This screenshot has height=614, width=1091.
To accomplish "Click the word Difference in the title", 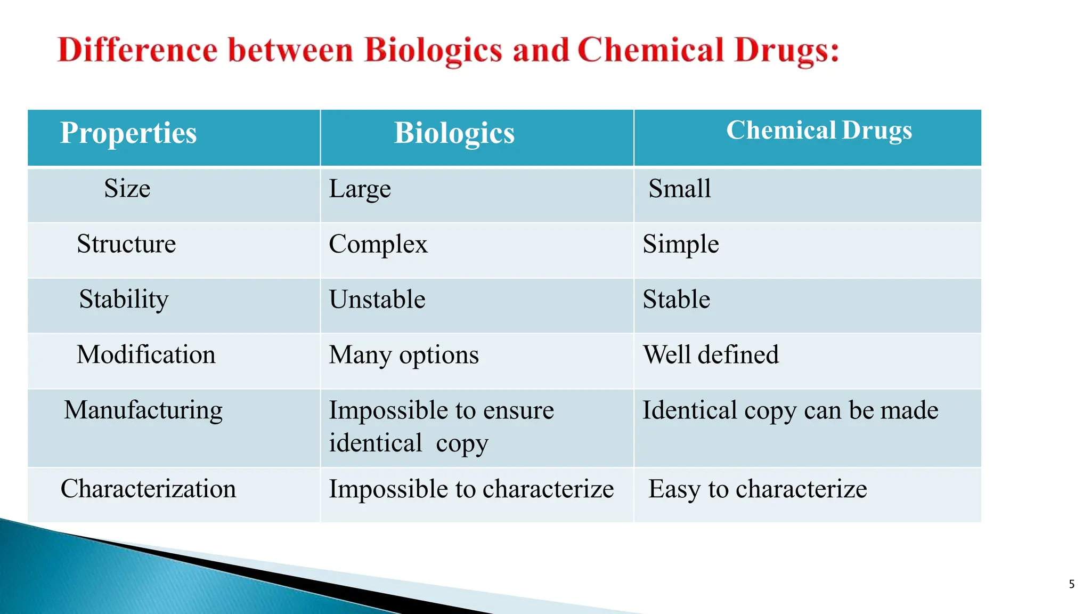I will coord(137,51).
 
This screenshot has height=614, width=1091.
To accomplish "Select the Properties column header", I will coord(128,133).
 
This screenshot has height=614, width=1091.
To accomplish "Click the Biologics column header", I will coord(454,133).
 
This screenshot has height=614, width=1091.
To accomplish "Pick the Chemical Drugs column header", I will coord(819,131).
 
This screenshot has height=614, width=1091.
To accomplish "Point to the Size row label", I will coord(127,189).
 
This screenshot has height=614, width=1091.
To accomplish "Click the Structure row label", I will coord(126,244).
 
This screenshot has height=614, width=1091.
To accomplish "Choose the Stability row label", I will coord(124,300).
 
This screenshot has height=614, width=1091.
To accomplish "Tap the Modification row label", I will coord(146,355).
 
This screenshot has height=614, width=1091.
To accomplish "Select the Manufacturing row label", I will coord(143,410).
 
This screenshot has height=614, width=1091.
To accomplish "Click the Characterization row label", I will coord(148,489).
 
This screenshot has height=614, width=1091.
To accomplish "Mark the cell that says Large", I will coord(360,189).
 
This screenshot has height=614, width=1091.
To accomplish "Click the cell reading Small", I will coord(680,189).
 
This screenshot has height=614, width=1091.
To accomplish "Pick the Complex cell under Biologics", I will coord(378,245).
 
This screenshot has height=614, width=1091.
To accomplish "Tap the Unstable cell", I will coord(377,300).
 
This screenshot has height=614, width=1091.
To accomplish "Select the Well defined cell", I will coord(711,355).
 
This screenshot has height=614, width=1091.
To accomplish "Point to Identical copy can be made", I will coord(790,410).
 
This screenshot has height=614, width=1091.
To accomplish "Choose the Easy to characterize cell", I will coord(758,489).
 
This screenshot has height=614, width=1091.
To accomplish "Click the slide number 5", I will coord(1072,584).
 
